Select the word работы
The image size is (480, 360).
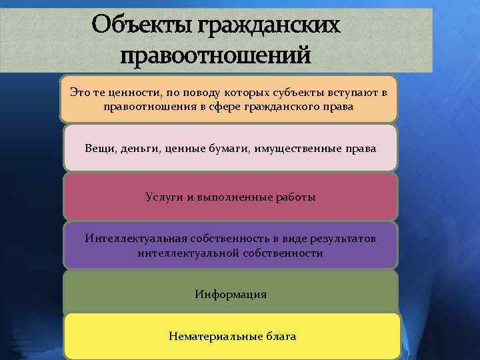[296, 197]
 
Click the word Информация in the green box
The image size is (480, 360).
[231, 294]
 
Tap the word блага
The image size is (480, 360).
[280, 337]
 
